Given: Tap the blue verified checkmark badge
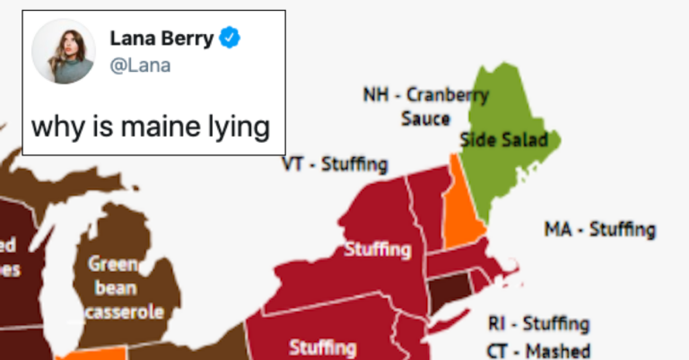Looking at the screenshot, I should coord(231,39).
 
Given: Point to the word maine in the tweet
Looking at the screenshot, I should coord(153,127).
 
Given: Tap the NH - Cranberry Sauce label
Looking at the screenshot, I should coord(425,106).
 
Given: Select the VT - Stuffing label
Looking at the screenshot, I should coord(335,165).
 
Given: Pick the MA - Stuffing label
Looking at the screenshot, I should coord(600,230).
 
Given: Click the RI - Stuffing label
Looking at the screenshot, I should coord(538,323).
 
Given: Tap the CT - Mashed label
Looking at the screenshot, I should coord(538,350).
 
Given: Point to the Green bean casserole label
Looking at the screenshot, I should coord(125,288).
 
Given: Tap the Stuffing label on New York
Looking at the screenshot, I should coord(378,249).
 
